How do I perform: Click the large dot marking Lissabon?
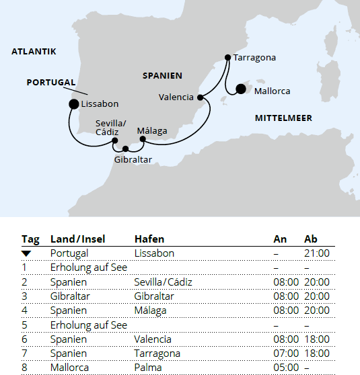73,103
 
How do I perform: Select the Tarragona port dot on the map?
228,57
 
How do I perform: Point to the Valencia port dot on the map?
201,97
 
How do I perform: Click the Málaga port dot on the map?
143,139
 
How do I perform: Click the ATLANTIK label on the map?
34,51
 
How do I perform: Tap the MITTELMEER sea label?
283,118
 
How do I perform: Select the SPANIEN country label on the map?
163,76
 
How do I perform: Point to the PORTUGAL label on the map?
51,82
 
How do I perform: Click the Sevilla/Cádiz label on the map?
110,127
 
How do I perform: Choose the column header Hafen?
149,239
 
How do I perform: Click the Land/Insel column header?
77,239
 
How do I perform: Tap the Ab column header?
311,239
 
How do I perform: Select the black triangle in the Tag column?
26,253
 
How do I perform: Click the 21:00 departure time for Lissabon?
317,253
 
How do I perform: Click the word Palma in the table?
148,368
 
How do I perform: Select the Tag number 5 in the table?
24,325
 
